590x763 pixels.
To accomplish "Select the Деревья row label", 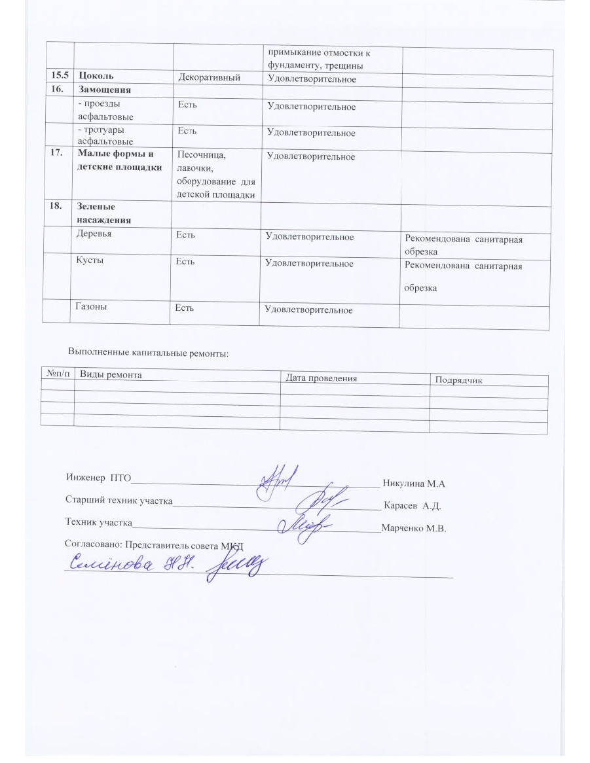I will pos(94,234).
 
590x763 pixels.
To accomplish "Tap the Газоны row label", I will pos(93,306).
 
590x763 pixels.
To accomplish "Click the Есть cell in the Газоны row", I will pos(184,308).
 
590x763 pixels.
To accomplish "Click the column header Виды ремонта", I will pos(111,374).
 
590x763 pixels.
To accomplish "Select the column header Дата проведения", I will pos(321,378).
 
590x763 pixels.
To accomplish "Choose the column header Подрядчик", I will pos(459,380).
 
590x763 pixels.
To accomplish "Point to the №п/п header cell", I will pos(57,373).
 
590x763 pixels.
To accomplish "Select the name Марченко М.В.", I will pos(413,529).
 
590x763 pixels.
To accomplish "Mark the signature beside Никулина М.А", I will pos(278,481).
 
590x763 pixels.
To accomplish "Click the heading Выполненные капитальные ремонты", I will pos(149,353).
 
